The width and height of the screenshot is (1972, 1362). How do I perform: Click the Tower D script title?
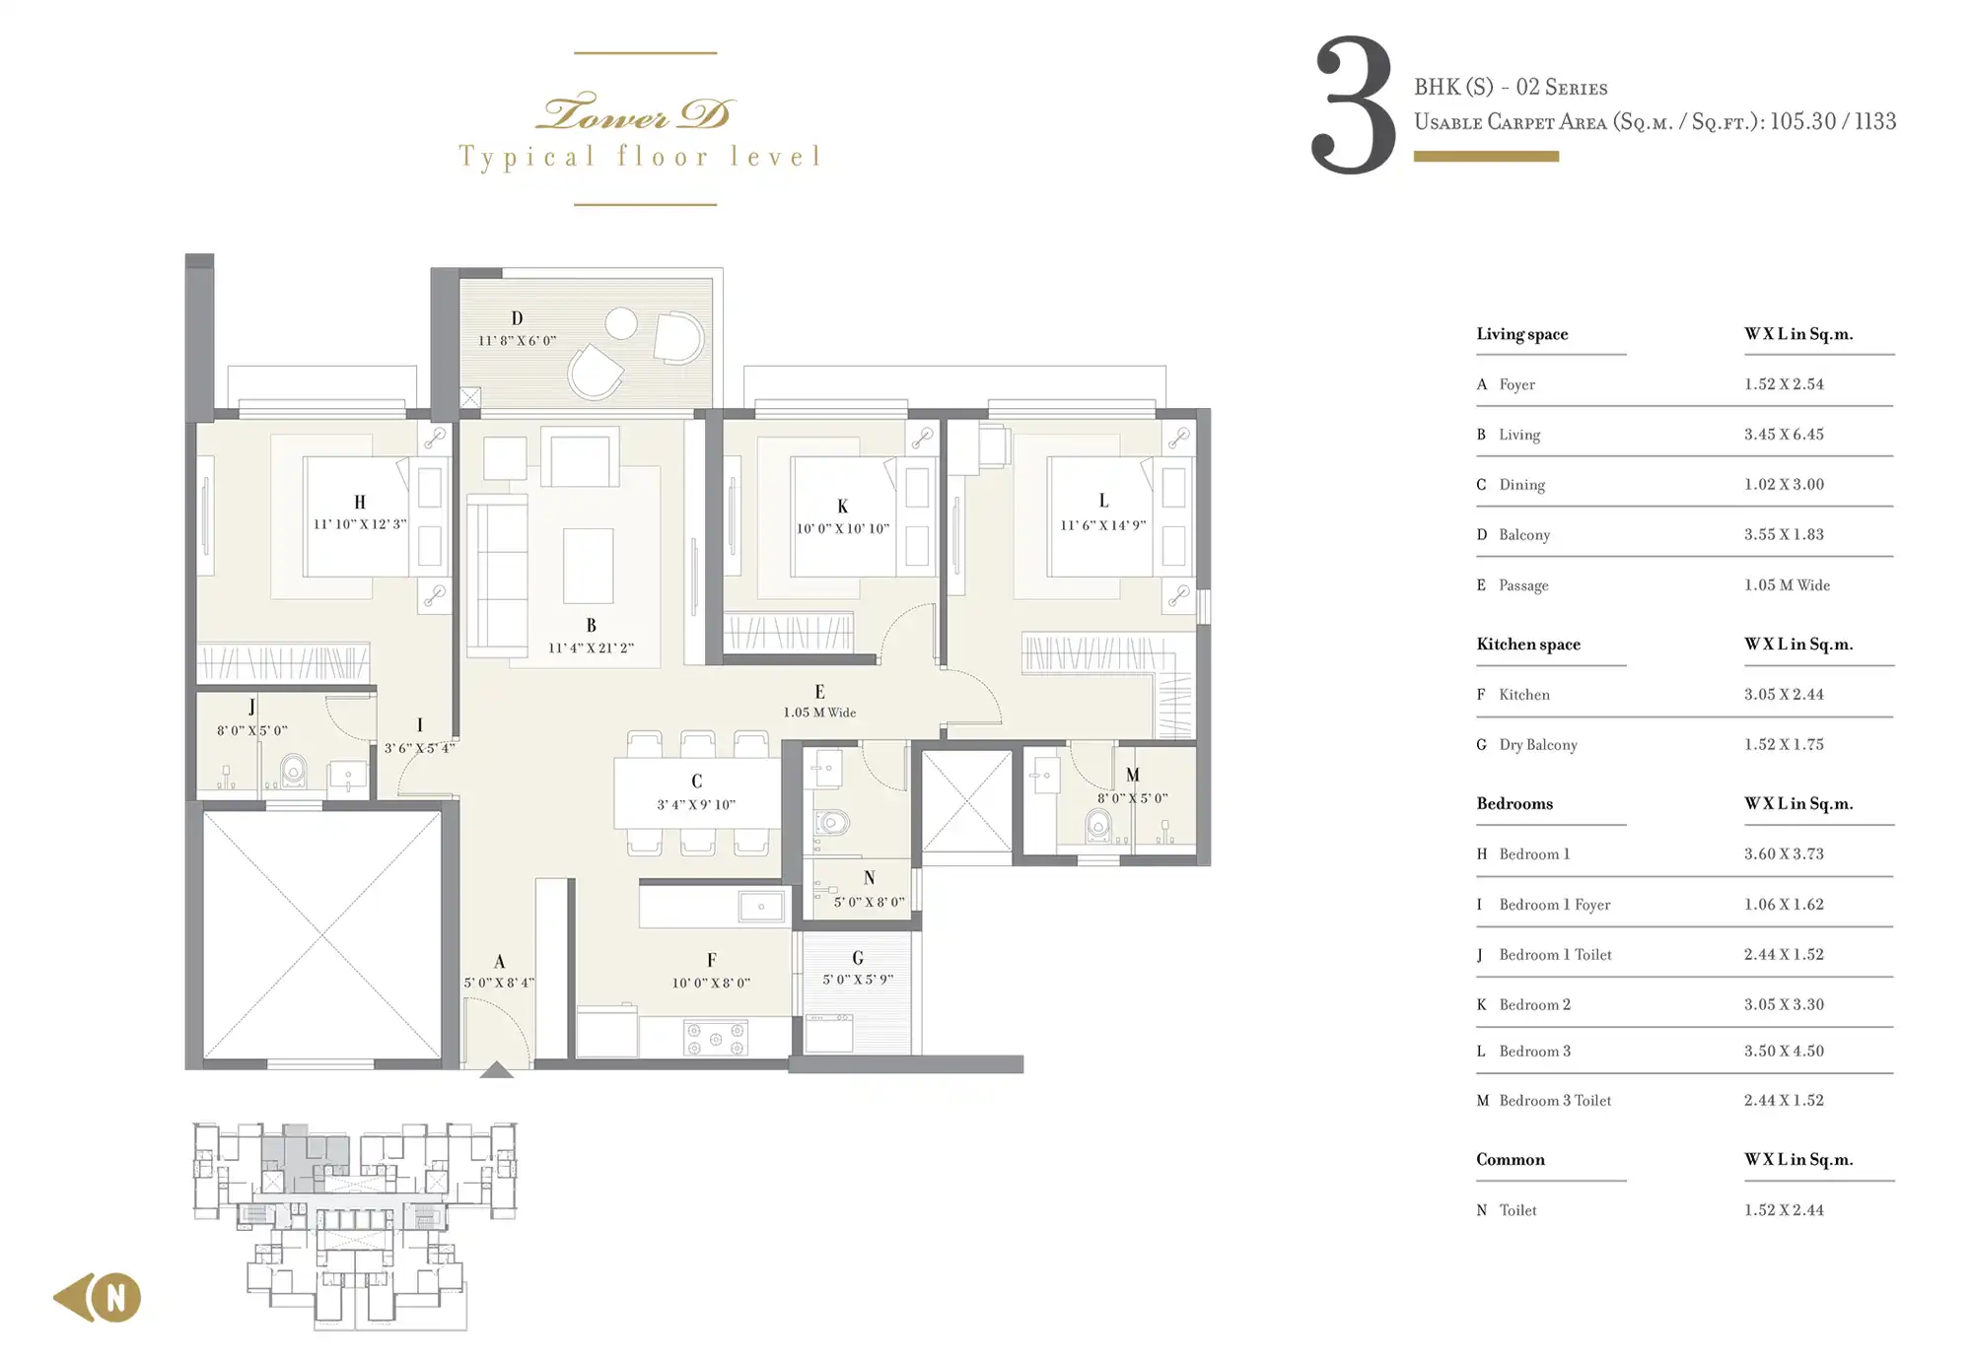click(635, 112)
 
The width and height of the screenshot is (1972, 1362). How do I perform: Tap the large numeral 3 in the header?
click(1353, 105)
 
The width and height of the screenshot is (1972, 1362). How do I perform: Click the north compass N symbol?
click(116, 1297)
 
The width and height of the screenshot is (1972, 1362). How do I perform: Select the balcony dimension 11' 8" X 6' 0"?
click(518, 341)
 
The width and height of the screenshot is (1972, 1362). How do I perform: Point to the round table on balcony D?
click(621, 322)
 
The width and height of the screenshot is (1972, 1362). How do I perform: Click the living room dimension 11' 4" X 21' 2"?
click(591, 647)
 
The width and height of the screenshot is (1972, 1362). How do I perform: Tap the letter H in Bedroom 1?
click(360, 503)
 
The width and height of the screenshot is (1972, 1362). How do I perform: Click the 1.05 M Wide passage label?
click(819, 713)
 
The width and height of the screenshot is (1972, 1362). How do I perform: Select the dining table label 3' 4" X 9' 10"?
click(696, 804)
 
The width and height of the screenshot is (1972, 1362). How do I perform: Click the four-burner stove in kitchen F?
click(715, 1039)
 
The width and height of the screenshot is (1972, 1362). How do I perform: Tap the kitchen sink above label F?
click(761, 907)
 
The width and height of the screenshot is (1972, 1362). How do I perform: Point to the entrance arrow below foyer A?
click(496, 1069)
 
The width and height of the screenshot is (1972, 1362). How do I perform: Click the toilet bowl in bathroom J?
click(293, 771)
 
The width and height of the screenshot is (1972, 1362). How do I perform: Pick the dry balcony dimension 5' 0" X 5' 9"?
click(858, 980)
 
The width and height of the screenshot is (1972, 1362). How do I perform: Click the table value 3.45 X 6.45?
click(1784, 435)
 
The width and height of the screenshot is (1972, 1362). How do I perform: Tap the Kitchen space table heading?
click(1528, 645)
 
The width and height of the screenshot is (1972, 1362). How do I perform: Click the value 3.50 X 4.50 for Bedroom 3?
click(1784, 1052)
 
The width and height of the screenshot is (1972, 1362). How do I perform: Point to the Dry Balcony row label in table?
click(1538, 745)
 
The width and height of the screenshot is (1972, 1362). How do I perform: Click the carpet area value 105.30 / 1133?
click(1833, 121)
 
